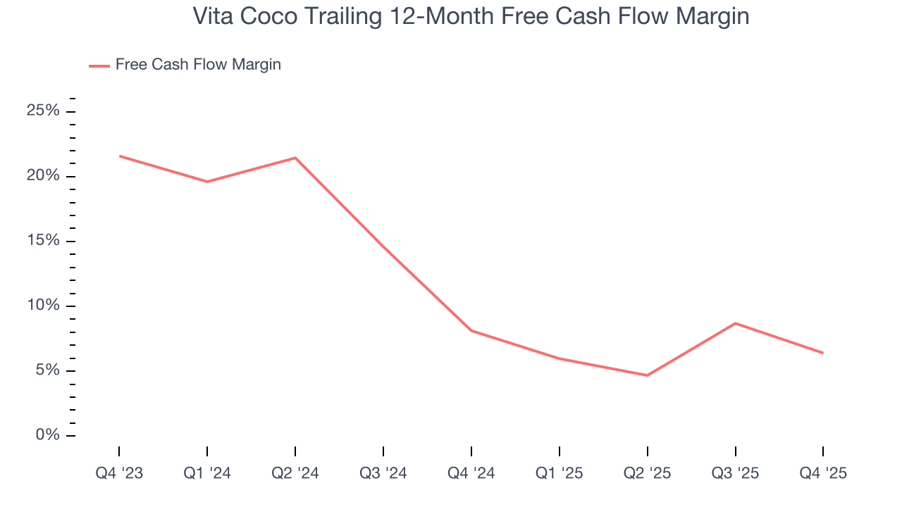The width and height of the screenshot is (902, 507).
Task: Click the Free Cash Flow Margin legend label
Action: [x=198, y=65]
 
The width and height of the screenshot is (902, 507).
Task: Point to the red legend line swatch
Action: [x=99, y=65]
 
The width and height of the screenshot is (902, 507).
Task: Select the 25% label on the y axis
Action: [x=44, y=111]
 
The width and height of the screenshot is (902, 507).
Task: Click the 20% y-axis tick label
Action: [x=44, y=176]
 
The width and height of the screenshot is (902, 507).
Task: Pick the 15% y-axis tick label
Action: [x=44, y=241]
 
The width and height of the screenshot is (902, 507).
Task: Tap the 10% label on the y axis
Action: [x=44, y=306]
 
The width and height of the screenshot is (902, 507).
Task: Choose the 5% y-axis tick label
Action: [x=48, y=371]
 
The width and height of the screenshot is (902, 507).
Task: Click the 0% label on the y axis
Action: [x=48, y=436]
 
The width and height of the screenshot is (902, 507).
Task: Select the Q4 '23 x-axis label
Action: [x=119, y=473]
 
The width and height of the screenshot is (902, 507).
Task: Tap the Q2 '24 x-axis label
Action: [x=295, y=473]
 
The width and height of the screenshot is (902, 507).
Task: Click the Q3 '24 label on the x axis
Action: [x=383, y=473]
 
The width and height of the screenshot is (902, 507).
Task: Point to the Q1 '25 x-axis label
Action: [x=559, y=473]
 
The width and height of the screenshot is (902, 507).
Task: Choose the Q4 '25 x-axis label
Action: [x=823, y=473]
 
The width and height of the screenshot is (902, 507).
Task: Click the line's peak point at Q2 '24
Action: [x=295, y=158]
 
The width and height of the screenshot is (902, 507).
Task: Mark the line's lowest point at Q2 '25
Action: [x=647, y=375]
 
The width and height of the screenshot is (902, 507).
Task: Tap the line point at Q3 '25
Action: [x=735, y=323]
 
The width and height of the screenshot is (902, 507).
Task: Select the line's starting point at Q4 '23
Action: [x=119, y=156]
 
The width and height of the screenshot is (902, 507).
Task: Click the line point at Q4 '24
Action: [x=471, y=330]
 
